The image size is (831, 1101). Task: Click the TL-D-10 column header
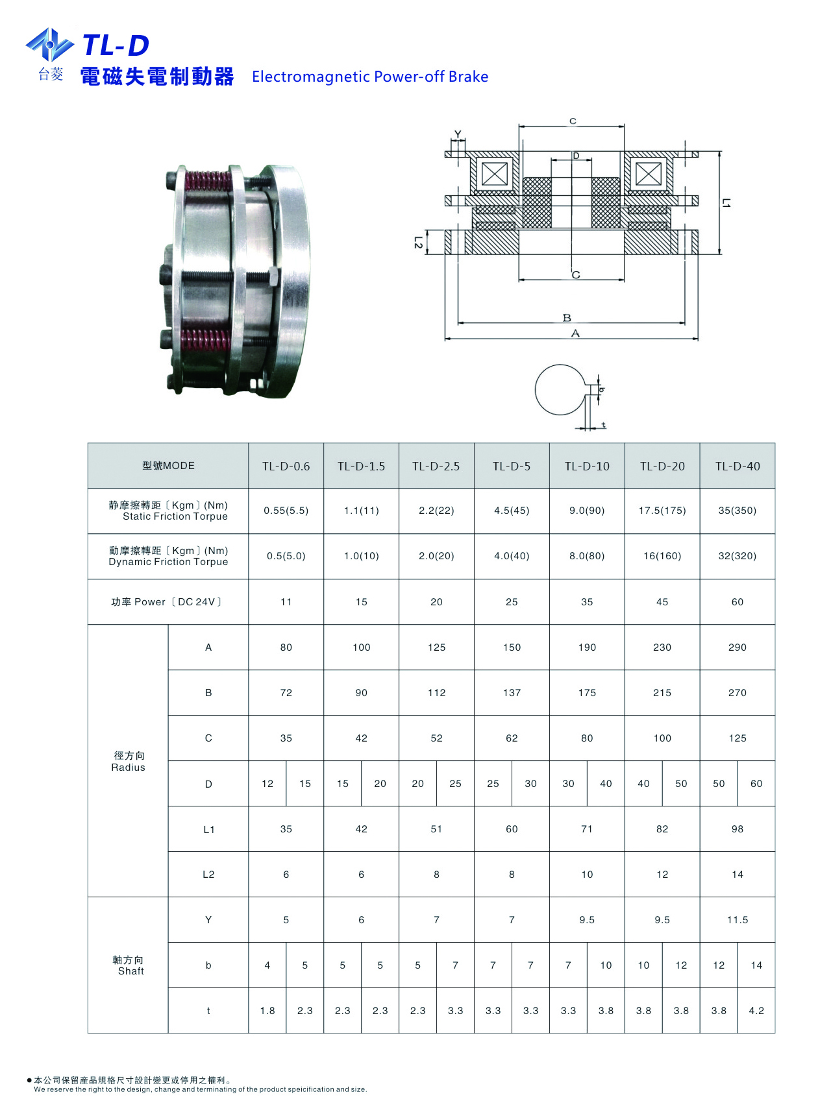click(587, 466)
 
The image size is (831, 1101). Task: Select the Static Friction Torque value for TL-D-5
click(512, 511)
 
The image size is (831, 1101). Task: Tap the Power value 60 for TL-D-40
click(738, 602)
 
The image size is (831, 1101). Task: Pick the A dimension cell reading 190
click(587, 647)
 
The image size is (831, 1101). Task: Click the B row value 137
click(512, 693)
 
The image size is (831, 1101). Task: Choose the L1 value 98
click(738, 829)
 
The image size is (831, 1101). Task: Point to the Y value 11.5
click(738, 920)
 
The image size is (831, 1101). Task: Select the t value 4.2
click(756, 1011)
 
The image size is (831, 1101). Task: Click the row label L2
click(208, 875)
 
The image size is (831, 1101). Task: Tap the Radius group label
click(129, 762)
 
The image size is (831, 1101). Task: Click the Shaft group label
click(129, 965)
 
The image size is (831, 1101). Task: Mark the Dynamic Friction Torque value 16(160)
click(662, 556)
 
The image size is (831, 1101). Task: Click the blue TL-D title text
click(116, 45)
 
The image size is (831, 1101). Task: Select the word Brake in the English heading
click(468, 77)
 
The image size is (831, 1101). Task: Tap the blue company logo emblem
click(49, 45)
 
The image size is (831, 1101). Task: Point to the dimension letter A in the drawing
click(575, 333)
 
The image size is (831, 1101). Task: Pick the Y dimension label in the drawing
click(458, 135)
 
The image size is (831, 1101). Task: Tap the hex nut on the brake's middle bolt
click(273, 277)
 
